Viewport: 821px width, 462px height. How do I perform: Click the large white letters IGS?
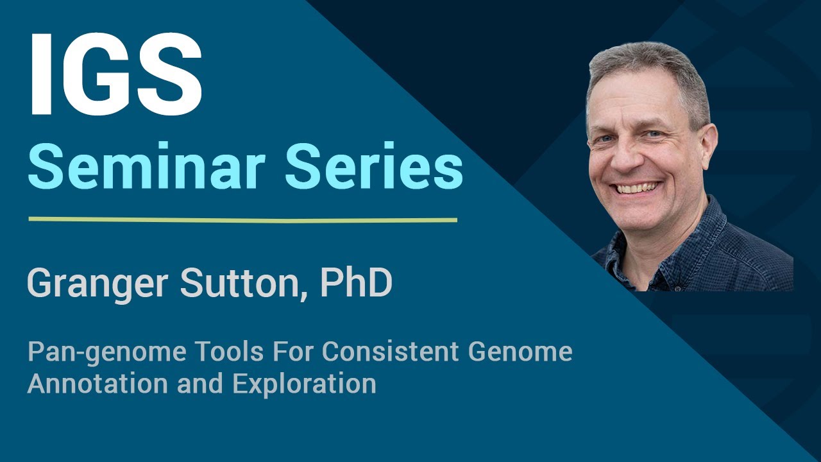tap(115, 76)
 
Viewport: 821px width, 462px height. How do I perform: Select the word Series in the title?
tap(374, 167)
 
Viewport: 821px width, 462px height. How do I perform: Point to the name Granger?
tap(99, 283)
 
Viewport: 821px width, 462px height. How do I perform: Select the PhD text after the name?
tap(356, 283)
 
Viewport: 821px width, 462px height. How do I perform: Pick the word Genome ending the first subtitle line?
tap(520, 352)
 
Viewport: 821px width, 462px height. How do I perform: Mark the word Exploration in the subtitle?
tap(304, 384)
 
